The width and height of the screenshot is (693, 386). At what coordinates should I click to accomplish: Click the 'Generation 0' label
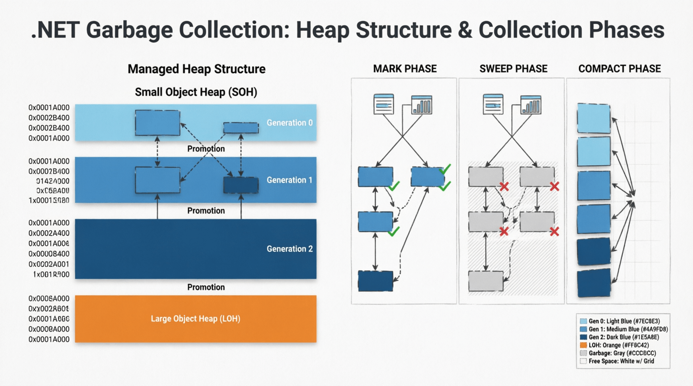click(x=289, y=123)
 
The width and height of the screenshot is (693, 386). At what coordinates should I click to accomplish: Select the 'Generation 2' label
click(x=289, y=249)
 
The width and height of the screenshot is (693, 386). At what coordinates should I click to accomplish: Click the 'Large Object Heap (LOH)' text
click(x=195, y=319)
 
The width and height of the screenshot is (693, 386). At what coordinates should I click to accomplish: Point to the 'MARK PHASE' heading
click(x=405, y=69)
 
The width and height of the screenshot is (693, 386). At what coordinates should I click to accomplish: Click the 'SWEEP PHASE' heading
click(x=513, y=69)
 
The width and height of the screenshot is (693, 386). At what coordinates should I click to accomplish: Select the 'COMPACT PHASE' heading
click(x=619, y=69)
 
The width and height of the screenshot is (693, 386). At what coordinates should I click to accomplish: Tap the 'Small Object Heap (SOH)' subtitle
click(x=196, y=92)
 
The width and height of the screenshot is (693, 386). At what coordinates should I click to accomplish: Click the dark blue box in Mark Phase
click(x=375, y=281)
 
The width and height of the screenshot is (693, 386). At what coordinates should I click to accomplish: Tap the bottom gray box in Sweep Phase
click(x=486, y=281)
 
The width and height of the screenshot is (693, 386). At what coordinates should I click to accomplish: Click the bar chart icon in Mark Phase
click(x=421, y=105)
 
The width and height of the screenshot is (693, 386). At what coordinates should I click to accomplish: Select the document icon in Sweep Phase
click(x=493, y=104)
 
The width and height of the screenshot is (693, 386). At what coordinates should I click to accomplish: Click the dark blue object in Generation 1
click(x=241, y=185)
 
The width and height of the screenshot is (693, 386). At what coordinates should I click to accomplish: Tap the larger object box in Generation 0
click(x=157, y=123)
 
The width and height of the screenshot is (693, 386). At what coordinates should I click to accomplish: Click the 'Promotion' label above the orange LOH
click(x=206, y=287)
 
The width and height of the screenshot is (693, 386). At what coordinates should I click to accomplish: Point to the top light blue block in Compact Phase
click(x=593, y=119)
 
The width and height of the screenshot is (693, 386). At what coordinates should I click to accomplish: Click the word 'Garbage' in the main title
click(x=129, y=30)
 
